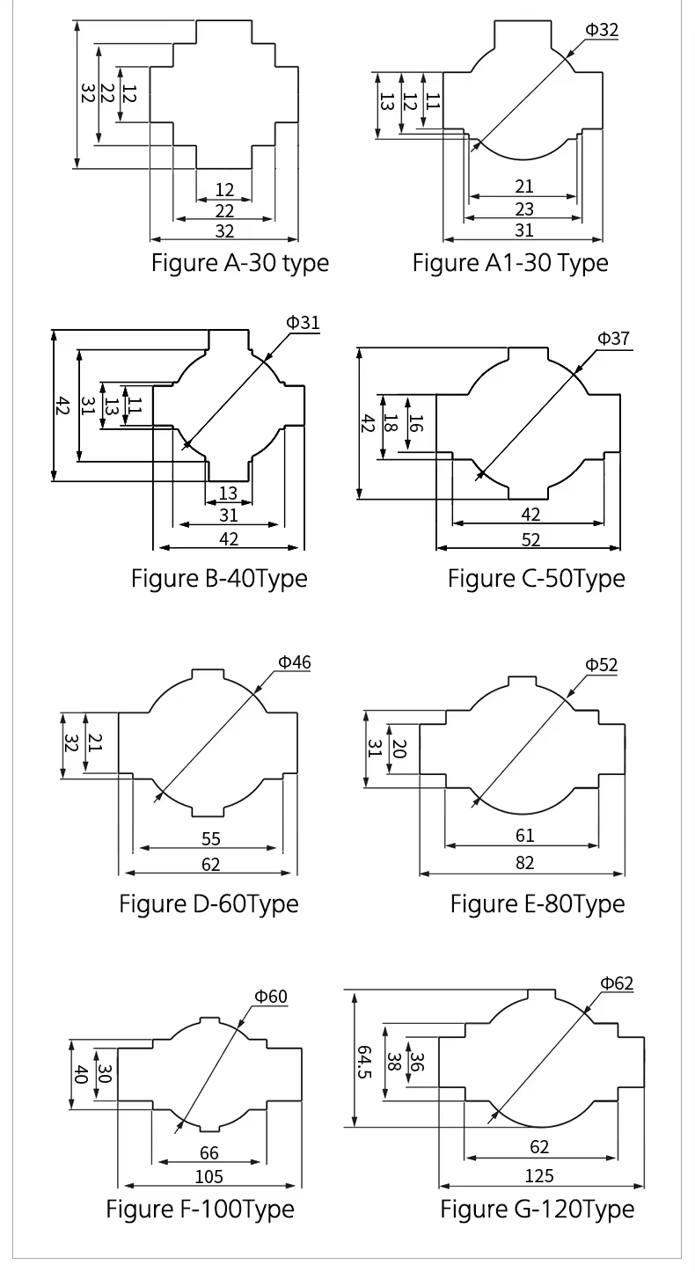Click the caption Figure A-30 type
[x=240, y=262]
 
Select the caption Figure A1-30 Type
[x=510, y=262]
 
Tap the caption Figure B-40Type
[x=219, y=579]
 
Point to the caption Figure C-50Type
[x=536, y=579]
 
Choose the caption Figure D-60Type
[x=208, y=903]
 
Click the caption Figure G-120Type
[x=537, y=1209]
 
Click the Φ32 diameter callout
[x=602, y=30]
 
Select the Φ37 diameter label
[x=614, y=339]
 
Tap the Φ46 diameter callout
[x=295, y=662]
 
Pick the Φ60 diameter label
[x=271, y=997]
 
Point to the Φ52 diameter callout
[x=601, y=664]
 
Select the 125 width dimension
[x=538, y=1176]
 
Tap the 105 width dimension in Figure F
[x=208, y=1176]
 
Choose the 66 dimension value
[x=208, y=1153]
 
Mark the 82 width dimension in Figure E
[x=524, y=863]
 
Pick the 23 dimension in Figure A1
[x=523, y=208]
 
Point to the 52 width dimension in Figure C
[x=530, y=539]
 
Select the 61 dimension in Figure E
[x=524, y=837]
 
